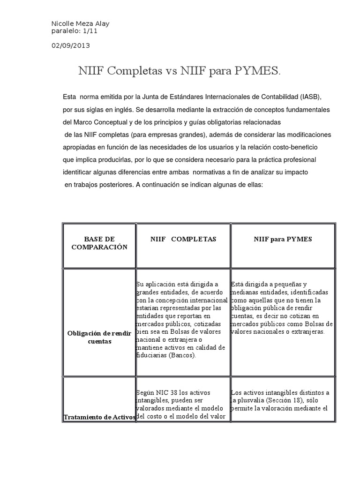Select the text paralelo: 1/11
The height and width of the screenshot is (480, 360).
(x=74, y=31)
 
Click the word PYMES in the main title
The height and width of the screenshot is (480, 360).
(x=258, y=71)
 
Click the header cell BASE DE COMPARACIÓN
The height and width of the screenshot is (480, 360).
(x=99, y=243)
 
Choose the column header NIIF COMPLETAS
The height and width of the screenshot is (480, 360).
(x=183, y=239)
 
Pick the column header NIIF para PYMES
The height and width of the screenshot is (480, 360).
(x=283, y=239)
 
